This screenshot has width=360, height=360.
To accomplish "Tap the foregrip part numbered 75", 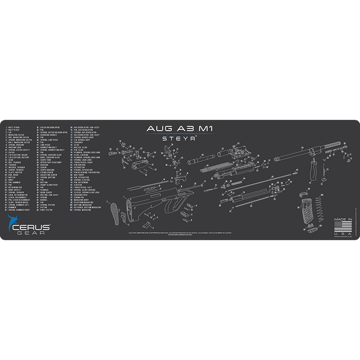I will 312,168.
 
